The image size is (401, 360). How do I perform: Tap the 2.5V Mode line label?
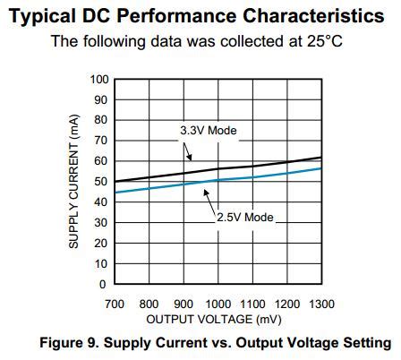(x=245, y=217)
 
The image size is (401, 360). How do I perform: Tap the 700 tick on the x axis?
(x=115, y=304)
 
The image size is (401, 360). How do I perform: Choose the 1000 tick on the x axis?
(x=218, y=304)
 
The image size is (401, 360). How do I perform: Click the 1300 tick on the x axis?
(x=320, y=304)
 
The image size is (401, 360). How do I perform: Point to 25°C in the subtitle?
(x=325, y=40)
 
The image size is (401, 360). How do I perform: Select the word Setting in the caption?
(x=367, y=343)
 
